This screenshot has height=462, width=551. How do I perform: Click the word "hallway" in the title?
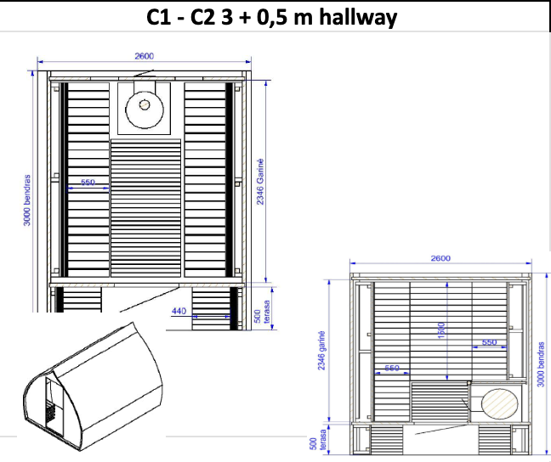(x=358, y=17)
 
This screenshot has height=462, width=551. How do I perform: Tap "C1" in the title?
(x=158, y=17)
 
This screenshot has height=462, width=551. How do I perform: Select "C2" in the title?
(x=202, y=17)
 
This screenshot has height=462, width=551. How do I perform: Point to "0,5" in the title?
(x=272, y=17)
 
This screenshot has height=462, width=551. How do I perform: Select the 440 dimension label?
(x=179, y=311)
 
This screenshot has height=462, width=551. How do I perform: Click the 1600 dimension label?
(x=441, y=330)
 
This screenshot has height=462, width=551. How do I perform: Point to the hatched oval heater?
(x=499, y=403)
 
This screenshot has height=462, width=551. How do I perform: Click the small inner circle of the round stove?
(x=144, y=104)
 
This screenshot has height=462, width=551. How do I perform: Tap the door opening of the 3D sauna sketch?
(x=54, y=404)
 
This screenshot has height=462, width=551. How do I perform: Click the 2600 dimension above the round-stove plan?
(x=144, y=56)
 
